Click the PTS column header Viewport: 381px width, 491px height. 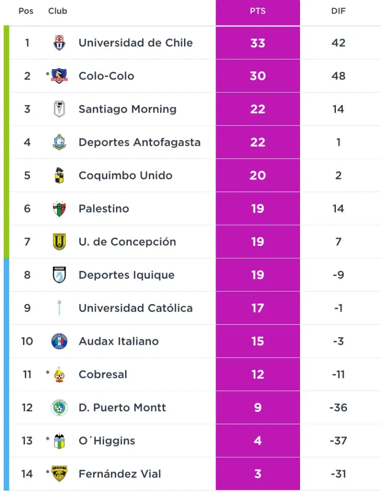[257, 11]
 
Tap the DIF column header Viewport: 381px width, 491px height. [338, 11]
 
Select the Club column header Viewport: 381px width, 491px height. [58, 11]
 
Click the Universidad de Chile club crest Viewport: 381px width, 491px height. [59, 43]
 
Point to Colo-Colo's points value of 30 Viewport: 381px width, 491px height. [257, 76]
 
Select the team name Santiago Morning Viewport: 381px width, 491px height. [127, 109]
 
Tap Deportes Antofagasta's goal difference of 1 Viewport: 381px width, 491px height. [338, 142]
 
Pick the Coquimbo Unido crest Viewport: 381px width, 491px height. [59, 175]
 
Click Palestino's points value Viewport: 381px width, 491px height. [257, 209]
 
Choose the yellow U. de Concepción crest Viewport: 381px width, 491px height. [59, 242]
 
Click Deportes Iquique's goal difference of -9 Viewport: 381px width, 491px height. [338, 275]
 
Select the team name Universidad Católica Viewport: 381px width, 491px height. [136, 308]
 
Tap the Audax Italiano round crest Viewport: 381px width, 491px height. [59, 341]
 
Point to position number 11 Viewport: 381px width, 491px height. [27, 374]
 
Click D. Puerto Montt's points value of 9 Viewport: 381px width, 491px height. [257, 408]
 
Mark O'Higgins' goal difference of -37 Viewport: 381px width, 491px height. [338, 441]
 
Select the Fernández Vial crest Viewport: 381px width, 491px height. [59, 474]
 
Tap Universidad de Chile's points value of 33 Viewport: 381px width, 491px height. [257, 43]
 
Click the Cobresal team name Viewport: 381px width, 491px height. [103, 374]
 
